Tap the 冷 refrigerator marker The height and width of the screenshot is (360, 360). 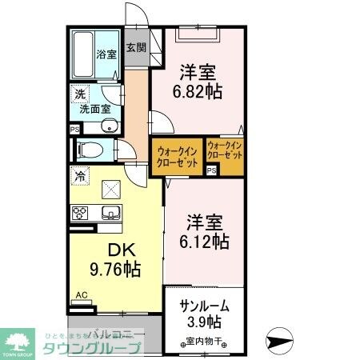(81, 173)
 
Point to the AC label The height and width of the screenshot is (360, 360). (81, 294)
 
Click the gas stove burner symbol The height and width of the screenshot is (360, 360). (81, 213)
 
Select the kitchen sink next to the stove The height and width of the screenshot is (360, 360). (110, 212)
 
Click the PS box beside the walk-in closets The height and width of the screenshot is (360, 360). (212, 170)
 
